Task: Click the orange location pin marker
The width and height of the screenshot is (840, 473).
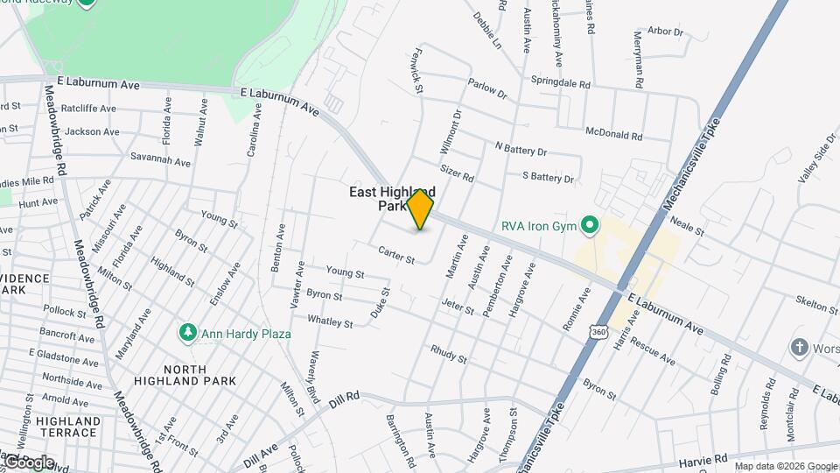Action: [420, 209]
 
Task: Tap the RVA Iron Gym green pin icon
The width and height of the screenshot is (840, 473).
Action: [591, 226]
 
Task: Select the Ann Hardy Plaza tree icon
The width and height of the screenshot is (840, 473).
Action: [186, 333]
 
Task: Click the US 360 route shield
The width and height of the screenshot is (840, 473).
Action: [598, 334]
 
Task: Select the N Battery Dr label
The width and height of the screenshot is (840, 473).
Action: [521, 150]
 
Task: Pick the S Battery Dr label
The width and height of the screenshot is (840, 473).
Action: [548, 178]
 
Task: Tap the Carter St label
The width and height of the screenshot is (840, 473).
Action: [395, 253]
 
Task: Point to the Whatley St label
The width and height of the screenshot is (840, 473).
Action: [330, 322]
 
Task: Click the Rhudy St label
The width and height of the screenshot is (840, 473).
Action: [449, 354]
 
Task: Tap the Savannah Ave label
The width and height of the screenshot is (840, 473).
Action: [161, 162]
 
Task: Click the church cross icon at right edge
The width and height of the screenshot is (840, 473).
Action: [798, 348]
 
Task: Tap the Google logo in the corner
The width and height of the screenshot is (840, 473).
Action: [28, 462]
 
